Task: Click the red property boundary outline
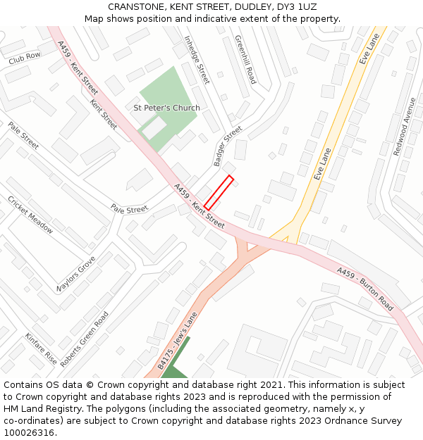[x=219, y=192]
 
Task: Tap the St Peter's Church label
[x=166, y=108]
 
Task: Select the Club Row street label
[x=25, y=58]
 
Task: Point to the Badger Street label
[x=227, y=146]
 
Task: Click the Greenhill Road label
[x=245, y=60]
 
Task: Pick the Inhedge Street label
[x=197, y=60]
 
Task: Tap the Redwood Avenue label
[x=405, y=127]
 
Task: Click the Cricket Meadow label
[x=30, y=214]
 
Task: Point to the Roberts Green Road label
[x=85, y=339]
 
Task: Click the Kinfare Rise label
[x=41, y=348]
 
